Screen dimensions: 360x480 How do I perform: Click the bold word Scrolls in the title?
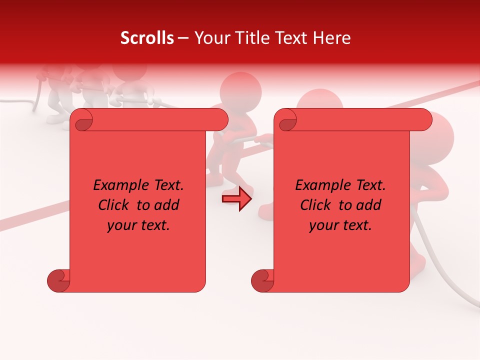click(147, 38)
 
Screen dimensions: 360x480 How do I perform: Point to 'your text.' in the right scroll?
click(340, 225)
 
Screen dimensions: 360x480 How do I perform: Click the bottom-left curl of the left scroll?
click(58, 280)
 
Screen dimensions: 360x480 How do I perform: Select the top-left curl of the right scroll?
click(286, 120)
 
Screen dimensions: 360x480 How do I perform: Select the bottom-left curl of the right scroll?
click(262, 280)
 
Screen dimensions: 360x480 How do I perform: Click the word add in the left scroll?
click(166, 205)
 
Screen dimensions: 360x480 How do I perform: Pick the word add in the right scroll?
click(368, 205)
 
